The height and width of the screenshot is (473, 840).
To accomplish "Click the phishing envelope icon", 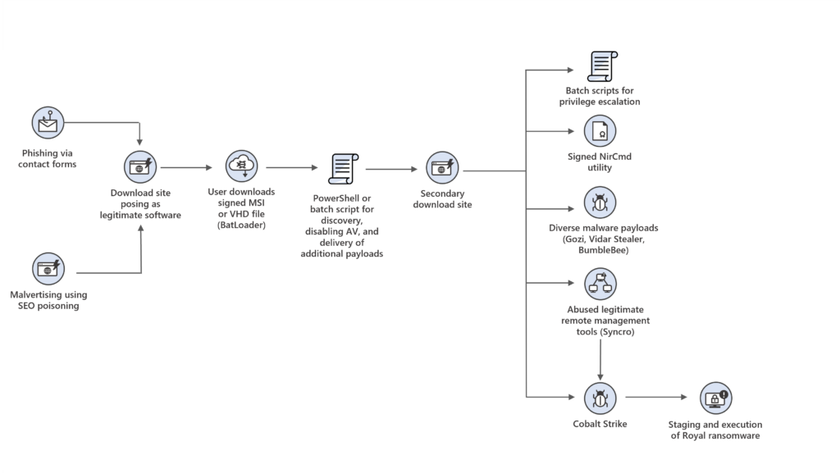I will click(x=48, y=123).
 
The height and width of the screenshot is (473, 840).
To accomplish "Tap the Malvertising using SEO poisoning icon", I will click(x=48, y=269).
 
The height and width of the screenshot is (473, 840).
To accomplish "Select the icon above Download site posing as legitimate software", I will click(x=141, y=166).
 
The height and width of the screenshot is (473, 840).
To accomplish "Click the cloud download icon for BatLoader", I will click(x=242, y=166).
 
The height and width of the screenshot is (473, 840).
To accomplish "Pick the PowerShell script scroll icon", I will click(x=341, y=168).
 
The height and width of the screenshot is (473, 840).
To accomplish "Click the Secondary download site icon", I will click(x=443, y=167).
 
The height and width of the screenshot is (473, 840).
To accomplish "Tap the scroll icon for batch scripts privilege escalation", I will click(x=602, y=66).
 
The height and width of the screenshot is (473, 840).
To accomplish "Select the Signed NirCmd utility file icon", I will click(x=600, y=131).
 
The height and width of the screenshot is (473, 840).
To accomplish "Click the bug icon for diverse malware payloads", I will click(x=600, y=202).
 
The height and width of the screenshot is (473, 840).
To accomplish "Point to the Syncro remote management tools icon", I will click(x=600, y=284).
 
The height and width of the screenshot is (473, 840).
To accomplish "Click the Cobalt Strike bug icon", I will click(x=600, y=398).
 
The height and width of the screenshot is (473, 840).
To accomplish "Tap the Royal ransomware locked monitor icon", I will click(x=714, y=399).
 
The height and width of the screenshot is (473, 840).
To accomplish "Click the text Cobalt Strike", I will click(x=600, y=424).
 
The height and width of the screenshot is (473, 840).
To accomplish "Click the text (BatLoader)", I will click(x=241, y=224).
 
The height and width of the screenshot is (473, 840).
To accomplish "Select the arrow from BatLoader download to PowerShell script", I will click(x=291, y=167).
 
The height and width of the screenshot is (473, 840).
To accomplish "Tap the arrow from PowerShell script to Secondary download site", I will click(x=392, y=169).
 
